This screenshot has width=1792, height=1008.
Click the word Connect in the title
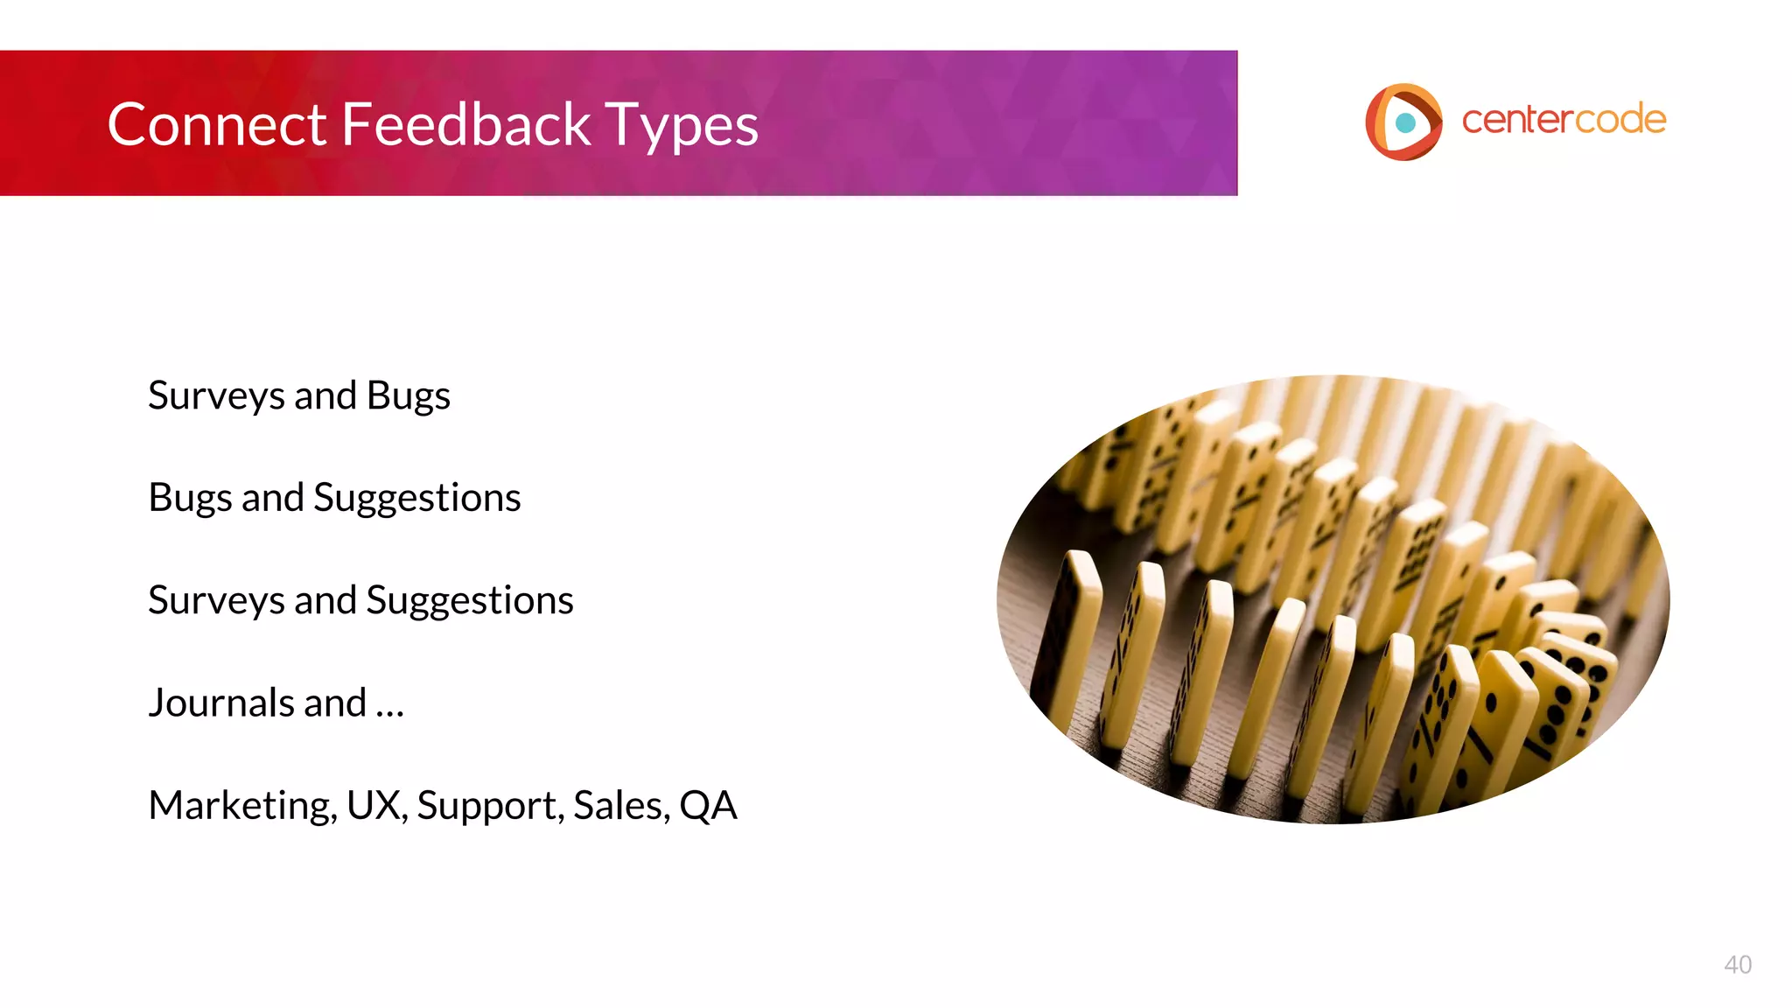coord(216,124)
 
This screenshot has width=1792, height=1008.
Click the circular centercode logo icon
coord(1403,122)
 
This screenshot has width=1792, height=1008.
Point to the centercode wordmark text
coord(1563,120)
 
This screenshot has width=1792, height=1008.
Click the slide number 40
coord(1737,964)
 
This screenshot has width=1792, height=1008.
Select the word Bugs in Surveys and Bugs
coord(408,396)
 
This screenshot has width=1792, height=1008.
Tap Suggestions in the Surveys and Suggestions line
coord(469,601)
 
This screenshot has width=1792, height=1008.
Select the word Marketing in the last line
coord(241,806)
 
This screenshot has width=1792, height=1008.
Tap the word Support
coord(489,806)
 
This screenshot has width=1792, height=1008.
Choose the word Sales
coord(619,805)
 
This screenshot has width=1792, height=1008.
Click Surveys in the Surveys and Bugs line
coord(216,396)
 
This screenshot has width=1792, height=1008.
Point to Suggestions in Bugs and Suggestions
coord(416,499)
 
